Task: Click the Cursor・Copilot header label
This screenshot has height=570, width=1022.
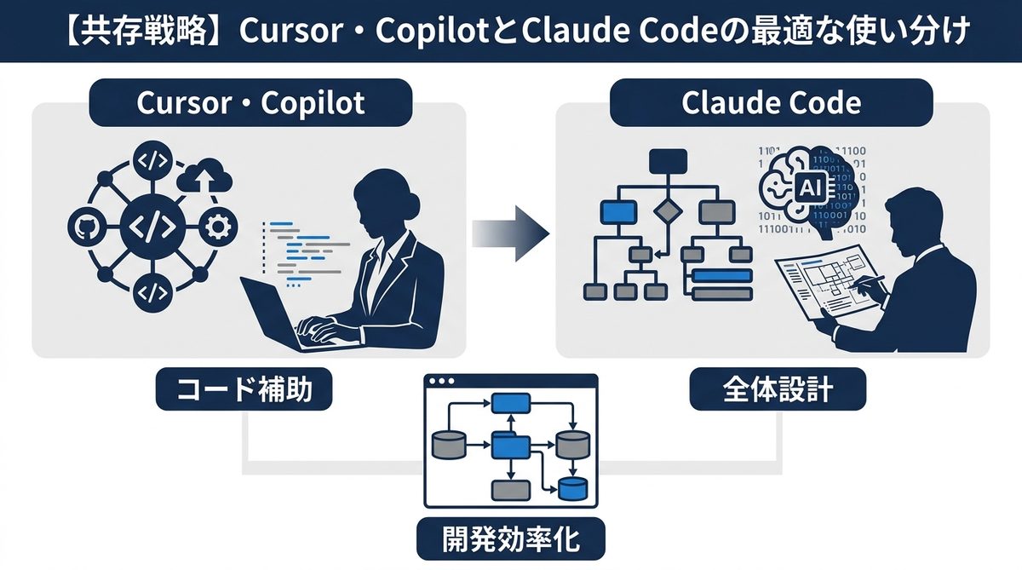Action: click(250, 103)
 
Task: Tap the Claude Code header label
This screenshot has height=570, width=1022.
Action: click(772, 103)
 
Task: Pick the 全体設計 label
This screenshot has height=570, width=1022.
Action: click(778, 391)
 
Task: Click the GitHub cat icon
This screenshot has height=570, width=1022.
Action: click(83, 227)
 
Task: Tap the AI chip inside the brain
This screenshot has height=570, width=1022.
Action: click(804, 186)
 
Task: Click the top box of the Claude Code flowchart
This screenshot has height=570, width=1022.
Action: click(667, 160)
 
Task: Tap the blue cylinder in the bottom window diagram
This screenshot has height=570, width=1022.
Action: click(572, 489)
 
